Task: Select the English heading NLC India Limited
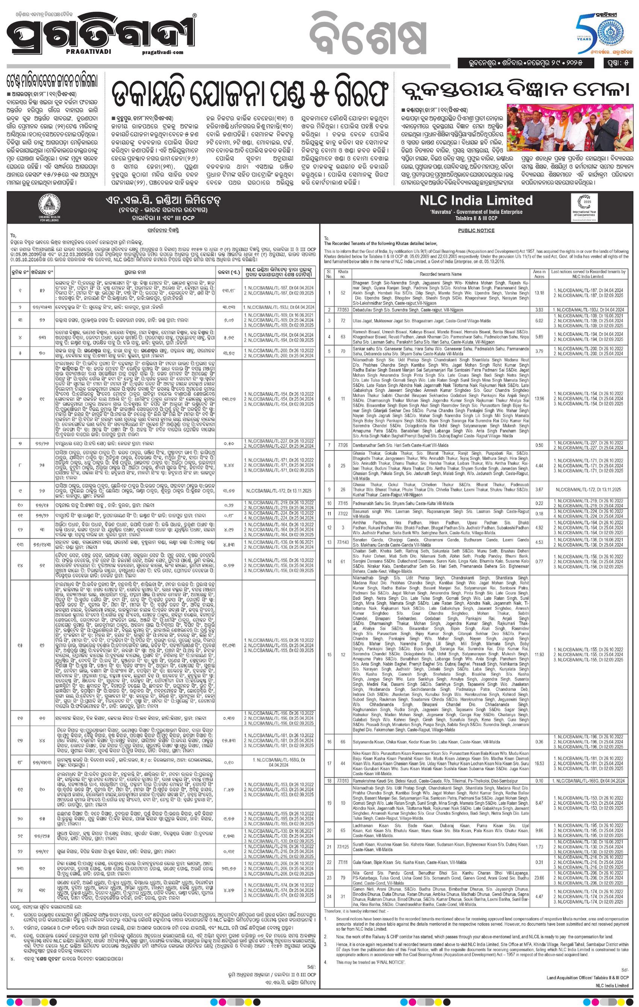pos(476,201)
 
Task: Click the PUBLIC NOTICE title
pos(476,230)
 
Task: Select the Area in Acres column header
pos(539,274)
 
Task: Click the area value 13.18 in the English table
pos(539,293)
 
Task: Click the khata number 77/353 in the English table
pos(343,310)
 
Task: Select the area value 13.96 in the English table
pos(539,398)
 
